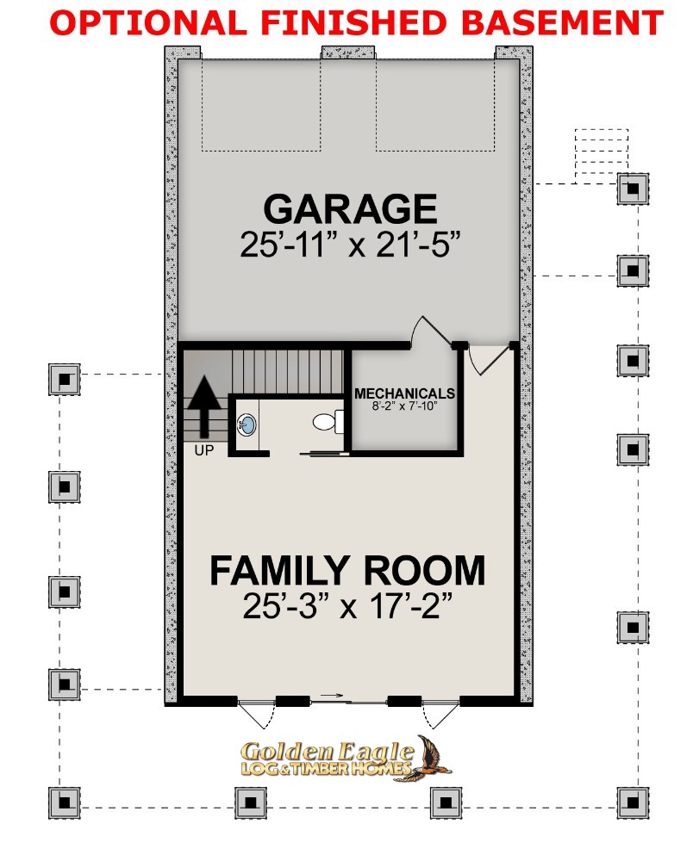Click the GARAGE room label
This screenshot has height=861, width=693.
350,208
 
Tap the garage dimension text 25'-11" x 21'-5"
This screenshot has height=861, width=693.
350,244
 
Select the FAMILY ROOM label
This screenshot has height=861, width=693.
347,571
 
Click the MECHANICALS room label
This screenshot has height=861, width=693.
404,393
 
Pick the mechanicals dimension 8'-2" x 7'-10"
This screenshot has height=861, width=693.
404,406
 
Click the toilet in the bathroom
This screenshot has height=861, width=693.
328,422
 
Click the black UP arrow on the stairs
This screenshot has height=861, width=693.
204,406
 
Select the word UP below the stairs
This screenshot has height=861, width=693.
204,450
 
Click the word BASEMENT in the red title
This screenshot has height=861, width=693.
562,22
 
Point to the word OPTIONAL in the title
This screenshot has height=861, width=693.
148,22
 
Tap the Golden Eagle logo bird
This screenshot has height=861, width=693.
433,758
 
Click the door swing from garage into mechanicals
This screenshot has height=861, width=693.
429,330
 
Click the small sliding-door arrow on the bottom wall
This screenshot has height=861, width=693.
331,696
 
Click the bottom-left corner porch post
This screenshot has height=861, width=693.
65,802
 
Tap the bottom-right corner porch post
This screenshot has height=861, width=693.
633,802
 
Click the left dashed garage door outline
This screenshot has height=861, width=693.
261,150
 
